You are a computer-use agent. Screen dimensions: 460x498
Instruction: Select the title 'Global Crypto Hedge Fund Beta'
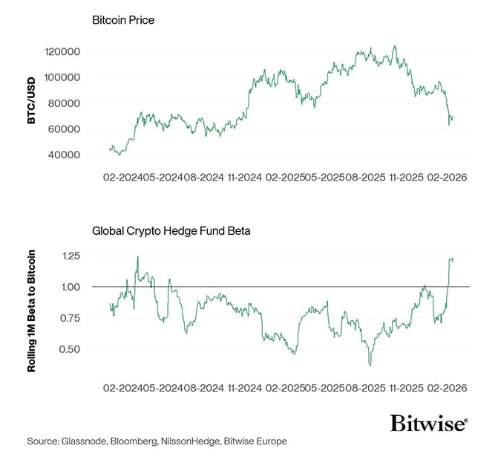(171, 231)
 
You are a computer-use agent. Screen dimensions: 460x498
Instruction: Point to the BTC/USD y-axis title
(32, 104)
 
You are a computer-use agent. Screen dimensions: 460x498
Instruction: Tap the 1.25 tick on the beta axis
(71, 256)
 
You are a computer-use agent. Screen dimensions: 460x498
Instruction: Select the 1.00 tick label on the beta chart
(71, 287)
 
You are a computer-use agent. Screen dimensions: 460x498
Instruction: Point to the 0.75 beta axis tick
(71, 318)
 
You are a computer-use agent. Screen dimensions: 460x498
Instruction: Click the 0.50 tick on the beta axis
(71, 349)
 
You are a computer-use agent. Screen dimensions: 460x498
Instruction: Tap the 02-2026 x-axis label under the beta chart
(446, 388)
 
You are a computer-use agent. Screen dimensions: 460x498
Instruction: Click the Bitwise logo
(429, 424)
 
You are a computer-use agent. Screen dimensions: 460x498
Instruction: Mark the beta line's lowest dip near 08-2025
(370, 365)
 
